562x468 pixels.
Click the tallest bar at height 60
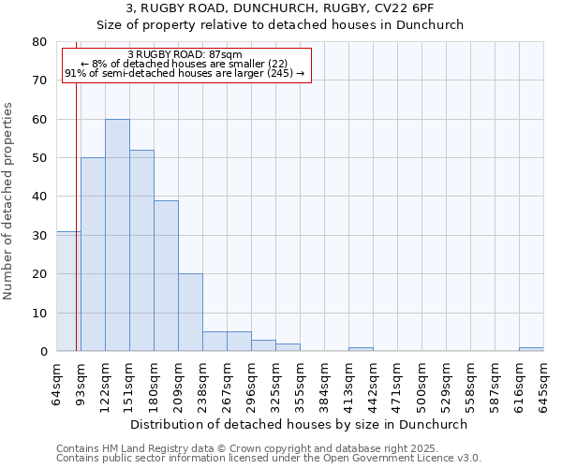tap(117, 235)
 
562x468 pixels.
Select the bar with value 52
tap(141, 251)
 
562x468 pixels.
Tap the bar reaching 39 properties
tap(166, 276)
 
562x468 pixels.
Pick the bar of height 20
tap(190, 313)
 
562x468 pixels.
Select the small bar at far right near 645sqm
tap(531, 349)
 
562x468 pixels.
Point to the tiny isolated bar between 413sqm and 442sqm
tap(361, 349)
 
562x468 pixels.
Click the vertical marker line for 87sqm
tap(76, 234)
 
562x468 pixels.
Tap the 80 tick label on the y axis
tap(39, 42)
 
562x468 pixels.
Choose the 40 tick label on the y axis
tap(39, 197)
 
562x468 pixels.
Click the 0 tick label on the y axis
tap(43, 352)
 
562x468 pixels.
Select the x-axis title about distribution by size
tap(300, 424)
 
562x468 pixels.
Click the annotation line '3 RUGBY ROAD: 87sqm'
tap(185, 54)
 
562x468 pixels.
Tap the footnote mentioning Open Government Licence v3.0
tap(268, 458)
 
